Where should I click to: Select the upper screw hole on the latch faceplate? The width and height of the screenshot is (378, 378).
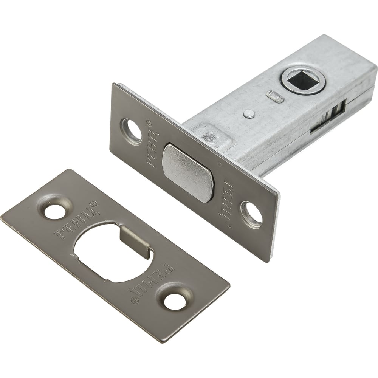[x=132, y=132]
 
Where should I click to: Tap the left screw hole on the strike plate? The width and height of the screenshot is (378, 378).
[x=54, y=211]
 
